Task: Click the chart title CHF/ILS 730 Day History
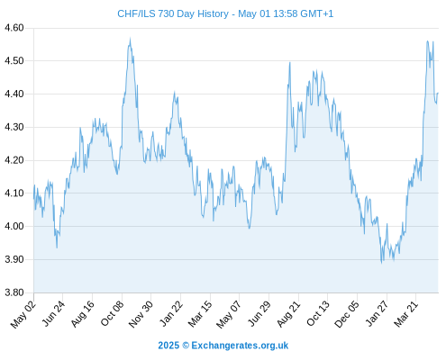(173, 13)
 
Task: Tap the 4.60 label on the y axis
(14, 28)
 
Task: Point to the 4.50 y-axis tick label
(14, 61)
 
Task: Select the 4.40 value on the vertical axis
(14, 94)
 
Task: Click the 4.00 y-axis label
(14, 226)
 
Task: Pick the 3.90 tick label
(14, 259)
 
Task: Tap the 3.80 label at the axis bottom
(14, 292)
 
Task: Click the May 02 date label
(23, 314)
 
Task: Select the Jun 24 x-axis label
(52, 314)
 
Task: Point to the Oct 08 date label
(112, 314)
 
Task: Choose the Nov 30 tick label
(141, 314)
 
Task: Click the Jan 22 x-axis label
(170, 314)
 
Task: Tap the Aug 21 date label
(288, 314)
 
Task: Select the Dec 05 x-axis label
(346, 314)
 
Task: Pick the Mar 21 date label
(405, 314)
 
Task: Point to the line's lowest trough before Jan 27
(382, 263)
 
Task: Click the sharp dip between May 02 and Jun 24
(57, 247)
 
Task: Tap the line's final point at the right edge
(438, 93)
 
